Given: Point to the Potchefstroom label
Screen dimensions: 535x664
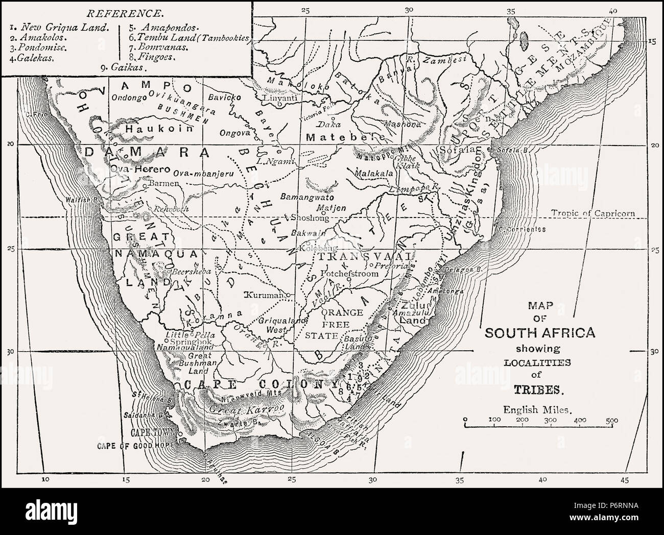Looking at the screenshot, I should coord(349,274).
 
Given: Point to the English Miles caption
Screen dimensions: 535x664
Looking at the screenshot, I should coord(538,408).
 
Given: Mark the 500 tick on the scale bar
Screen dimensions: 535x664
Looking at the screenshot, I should coord(611,420).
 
